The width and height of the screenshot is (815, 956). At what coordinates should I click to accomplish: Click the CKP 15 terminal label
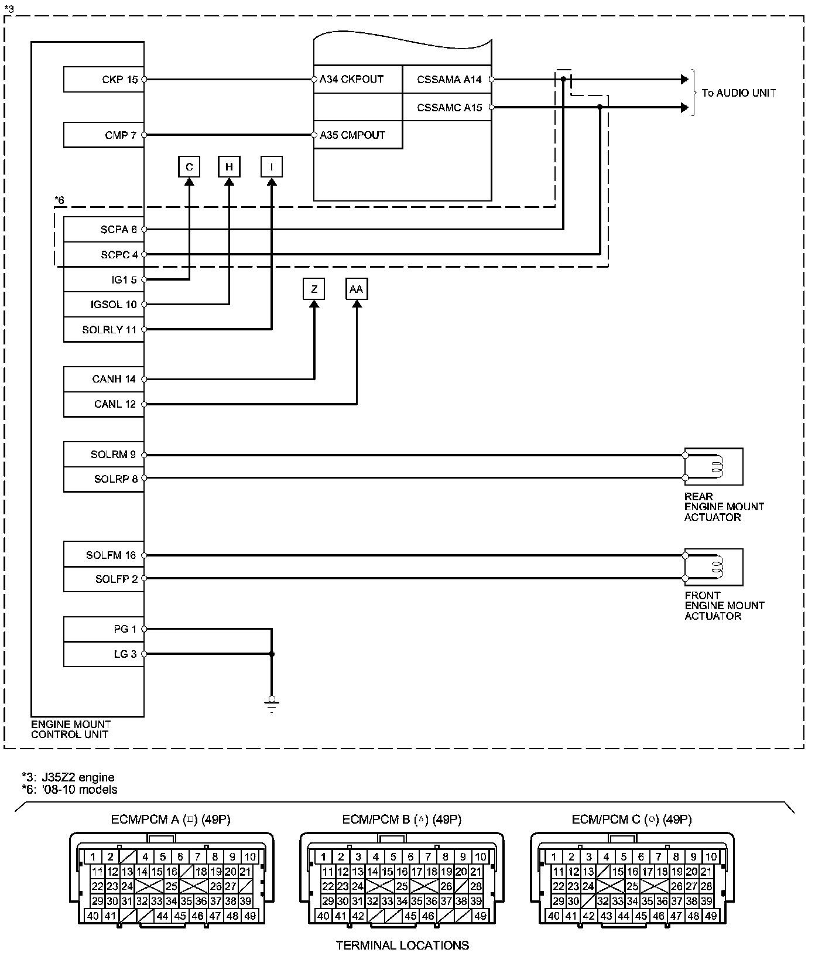pos(119,80)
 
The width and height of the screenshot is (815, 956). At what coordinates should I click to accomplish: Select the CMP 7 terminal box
pos(104,135)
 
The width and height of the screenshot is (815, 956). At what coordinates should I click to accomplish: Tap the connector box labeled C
pos(189,168)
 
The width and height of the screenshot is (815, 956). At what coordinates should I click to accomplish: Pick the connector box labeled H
pos(229,168)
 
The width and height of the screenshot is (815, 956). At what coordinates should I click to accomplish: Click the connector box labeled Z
pos(314,289)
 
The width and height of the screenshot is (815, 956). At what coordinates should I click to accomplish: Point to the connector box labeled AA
pos(356,289)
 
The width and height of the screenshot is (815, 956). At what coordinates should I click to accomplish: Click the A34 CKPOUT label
pos(351,80)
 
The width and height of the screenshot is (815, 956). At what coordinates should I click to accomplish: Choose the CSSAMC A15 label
pos(449,108)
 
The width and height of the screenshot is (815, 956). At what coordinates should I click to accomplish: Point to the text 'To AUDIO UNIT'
pos(738,93)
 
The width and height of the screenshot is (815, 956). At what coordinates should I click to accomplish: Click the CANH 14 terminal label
pos(114,380)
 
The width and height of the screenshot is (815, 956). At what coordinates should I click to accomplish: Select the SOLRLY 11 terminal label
pos(109,330)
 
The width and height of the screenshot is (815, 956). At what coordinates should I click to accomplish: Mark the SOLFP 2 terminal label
pos(117,579)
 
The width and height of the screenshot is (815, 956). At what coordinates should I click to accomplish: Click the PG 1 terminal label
pos(125,630)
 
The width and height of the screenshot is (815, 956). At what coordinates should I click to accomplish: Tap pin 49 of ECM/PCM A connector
pos(250,916)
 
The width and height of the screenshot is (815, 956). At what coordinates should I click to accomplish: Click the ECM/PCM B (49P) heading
pos(402,820)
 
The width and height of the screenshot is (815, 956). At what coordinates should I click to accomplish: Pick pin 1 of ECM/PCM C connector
pos(554,857)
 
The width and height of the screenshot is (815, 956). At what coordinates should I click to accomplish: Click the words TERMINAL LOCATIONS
pos(402,945)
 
